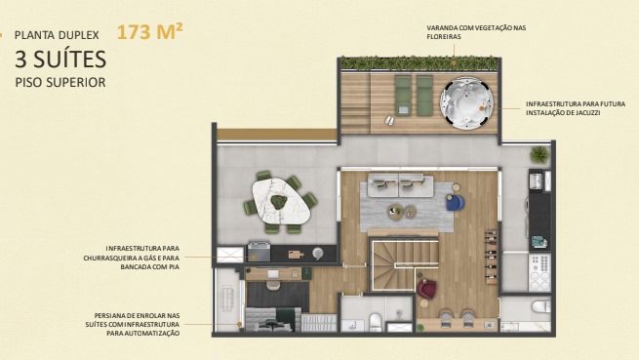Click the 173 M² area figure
coord(149,32)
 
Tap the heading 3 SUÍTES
coord(60,60)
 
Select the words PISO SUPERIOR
coord(60,82)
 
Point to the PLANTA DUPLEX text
coord(57,35)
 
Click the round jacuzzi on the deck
coord(466,103)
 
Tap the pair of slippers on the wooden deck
coord(389,120)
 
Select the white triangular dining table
coord(281,201)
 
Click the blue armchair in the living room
coord(455,202)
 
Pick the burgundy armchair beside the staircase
coord(426,288)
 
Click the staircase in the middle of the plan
coord(404,265)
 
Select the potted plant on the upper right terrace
coord(539,155)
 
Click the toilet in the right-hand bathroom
coord(540,306)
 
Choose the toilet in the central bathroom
coord(376,322)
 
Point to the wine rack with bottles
coord(491,257)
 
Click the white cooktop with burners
coord(539,273)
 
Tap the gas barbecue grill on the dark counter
coord(259,252)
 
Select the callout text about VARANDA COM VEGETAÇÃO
coord(476,32)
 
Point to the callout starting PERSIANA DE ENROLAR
coord(133,325)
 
